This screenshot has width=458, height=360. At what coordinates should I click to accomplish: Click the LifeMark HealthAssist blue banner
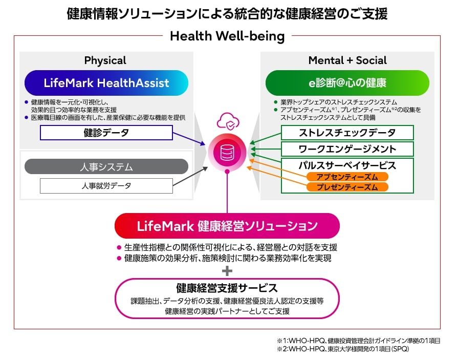click(106, 82)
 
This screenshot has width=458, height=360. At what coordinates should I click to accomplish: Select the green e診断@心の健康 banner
click(347, 82)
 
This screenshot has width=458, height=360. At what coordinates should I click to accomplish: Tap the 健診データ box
click(106, 133)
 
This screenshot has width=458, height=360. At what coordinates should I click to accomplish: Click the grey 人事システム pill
click(106, 166)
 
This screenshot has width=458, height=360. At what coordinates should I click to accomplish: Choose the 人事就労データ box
click(106, 186)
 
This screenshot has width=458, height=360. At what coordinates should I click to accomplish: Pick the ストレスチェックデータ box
click(347, 133)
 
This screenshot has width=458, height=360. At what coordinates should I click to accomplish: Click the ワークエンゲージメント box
click(347, 149)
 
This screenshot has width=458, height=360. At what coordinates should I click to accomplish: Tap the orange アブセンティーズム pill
click(347, 177)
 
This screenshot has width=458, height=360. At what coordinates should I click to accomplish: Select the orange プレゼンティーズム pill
click(347, 187)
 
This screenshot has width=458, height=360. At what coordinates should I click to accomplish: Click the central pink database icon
click(227, 152)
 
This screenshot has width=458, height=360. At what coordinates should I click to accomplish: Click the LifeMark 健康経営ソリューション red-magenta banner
click(227, 226)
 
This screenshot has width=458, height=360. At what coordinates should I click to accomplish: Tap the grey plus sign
click(227, 271)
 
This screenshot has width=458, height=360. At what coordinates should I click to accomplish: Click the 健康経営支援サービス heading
click(227, 288)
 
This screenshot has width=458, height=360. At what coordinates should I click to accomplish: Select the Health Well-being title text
click(227, 36)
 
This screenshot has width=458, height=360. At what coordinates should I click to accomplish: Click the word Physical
click(105, 60)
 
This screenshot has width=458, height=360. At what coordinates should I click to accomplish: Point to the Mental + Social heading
click(347, 60)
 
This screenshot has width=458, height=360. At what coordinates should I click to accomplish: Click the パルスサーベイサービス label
click(347, 165)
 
